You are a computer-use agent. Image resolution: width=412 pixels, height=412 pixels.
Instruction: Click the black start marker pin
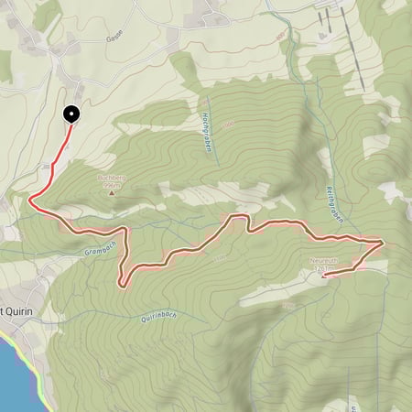point(71,114)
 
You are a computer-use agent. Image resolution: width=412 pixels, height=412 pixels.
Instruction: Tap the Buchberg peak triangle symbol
point(112,192)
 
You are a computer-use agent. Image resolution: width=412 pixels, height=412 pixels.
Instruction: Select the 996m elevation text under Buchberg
point(113,185)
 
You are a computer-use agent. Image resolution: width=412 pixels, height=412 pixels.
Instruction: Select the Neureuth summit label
point(324,260)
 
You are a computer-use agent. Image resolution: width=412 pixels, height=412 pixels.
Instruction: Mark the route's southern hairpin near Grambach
point(123,285)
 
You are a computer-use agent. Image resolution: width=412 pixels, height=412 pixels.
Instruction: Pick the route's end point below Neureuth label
point(324,274)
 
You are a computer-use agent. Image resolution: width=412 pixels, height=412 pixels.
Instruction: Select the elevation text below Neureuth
point(320,269)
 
